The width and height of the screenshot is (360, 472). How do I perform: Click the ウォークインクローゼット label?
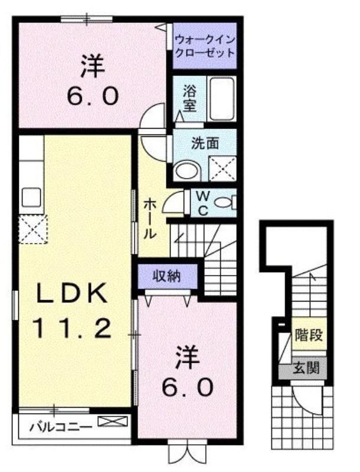[x=205, y=46]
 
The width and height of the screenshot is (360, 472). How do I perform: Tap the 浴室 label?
[x=190, y=98]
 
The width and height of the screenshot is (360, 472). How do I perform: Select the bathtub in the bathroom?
[x=222, y=99]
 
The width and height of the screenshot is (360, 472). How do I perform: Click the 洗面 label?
[x=205, y=143]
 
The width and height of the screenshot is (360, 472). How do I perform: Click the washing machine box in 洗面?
[x=222, y=168]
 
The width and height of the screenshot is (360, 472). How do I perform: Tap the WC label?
[x=203, y=204]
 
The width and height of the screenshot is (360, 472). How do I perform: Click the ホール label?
[x=149, y=218]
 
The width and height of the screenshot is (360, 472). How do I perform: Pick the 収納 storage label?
[x=166, y=276]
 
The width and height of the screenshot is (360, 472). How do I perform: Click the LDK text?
[x=72, y=293]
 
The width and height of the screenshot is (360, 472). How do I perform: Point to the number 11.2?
[x=72, y=328]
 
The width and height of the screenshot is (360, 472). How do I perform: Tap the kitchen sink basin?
[x=31, y=197]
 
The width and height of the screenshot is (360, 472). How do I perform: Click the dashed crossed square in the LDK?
[x=33, y=229]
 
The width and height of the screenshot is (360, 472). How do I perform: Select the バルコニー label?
[x=61, y=427]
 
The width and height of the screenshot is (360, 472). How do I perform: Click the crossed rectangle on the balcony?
[x=113, y=421]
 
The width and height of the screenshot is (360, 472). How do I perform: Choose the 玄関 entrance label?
[x=306, y=368]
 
